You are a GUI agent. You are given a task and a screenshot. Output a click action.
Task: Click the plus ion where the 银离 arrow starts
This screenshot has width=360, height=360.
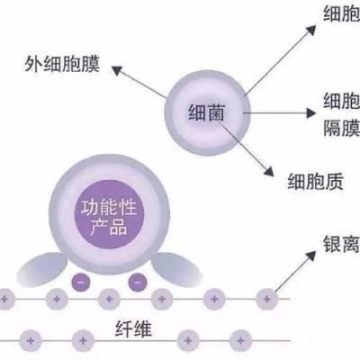tap(266, 297)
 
